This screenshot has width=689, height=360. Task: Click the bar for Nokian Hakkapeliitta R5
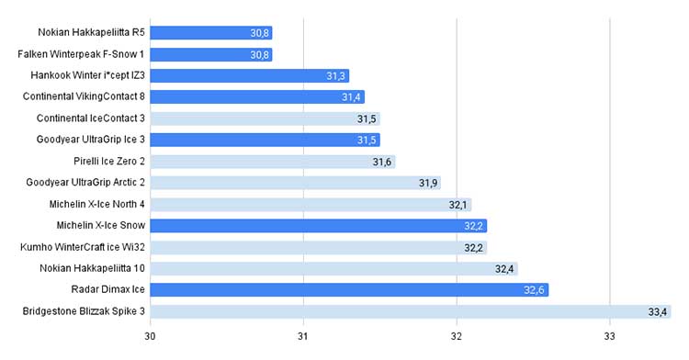click(x=211, y=33)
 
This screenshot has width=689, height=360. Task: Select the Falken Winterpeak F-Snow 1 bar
click(x=211, y=54)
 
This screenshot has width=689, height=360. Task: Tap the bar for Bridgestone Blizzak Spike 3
click(x=411, y=311)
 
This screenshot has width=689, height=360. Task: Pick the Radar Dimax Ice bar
click(x=349, y=290)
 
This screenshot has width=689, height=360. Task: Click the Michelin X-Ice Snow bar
click(x=319, y=226)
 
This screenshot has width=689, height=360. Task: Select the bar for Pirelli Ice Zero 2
click(x=273, y=162)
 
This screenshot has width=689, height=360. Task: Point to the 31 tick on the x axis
click(x=303, y=337)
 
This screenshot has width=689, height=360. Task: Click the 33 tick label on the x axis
click(x=609, y=337)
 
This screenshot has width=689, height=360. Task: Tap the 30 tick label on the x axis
click(x=150, y=337)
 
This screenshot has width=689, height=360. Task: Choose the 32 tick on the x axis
click(x=456, y=337)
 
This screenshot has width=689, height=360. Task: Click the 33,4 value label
click(x=658, y=312)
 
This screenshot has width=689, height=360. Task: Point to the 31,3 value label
click(x=335, y=76)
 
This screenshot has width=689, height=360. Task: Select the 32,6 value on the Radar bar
click(x=535, y=290)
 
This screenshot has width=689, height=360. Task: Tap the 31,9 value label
click(x=428, y=183)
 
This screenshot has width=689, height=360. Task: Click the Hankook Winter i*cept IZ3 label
click(x=87, y=75)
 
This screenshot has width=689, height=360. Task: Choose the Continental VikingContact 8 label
click(x=84, y=96)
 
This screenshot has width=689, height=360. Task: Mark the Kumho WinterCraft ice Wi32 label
click(x=82, y=247)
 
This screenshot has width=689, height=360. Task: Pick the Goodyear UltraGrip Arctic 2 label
click(x=85, y=182)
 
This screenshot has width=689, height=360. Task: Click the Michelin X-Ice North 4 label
click(x=96, y=204)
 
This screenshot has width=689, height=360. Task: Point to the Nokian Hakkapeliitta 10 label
click(x=92, y=268)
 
